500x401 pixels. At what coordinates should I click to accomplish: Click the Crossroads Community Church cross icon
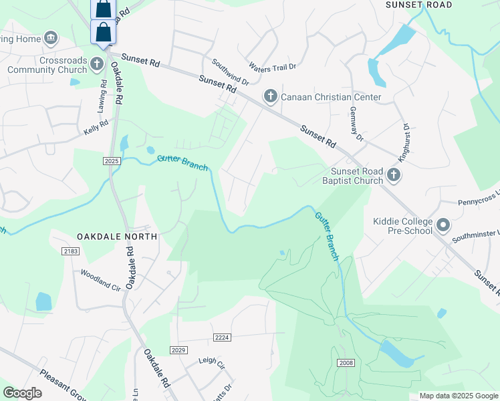(96, 65)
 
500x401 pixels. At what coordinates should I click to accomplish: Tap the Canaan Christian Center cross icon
(271, 97)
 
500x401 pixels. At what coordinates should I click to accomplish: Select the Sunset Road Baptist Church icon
(394, 176)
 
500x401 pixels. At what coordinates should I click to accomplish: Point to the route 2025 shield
(112, 161)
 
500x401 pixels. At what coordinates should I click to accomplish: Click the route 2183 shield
(71, 251)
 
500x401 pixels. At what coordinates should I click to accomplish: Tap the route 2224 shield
(223, 338)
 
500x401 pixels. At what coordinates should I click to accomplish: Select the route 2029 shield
(178, 350)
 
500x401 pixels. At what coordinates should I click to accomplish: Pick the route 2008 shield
(345, 363)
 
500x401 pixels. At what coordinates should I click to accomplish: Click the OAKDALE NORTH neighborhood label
(117, 237)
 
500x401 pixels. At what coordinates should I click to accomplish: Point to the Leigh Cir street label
(212, 361)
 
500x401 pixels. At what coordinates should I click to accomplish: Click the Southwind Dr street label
(230, 72)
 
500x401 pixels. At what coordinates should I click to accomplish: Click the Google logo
(22, 393)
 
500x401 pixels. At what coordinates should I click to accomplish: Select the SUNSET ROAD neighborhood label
(419, 5)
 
